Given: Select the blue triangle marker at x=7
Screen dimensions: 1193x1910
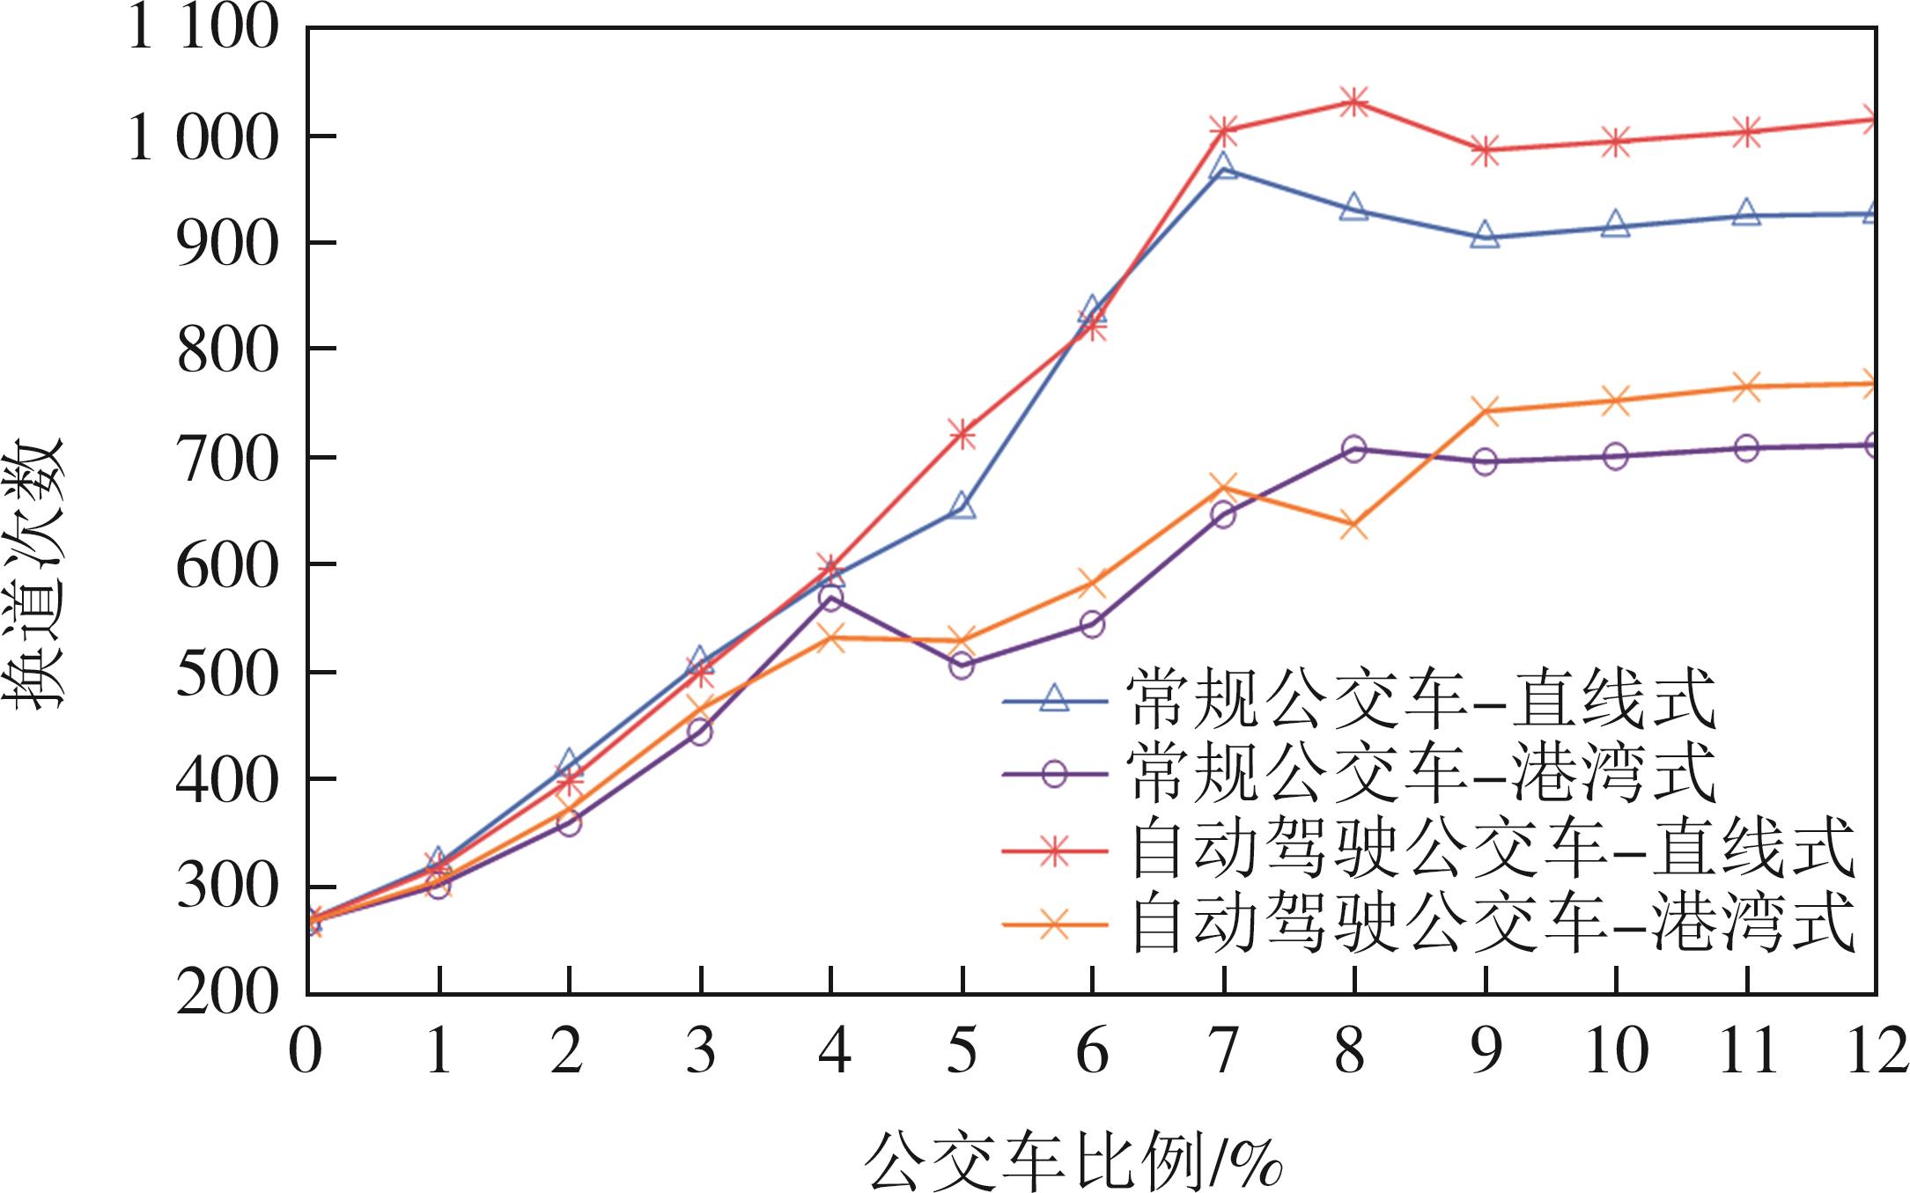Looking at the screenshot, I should (x=1223, y=166).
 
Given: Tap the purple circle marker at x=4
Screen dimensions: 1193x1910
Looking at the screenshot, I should (x=830, y=598).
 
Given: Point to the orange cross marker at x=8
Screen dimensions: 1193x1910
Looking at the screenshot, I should (x=1354, y=527).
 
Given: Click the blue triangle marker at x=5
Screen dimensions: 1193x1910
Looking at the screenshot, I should (x=962, y=507).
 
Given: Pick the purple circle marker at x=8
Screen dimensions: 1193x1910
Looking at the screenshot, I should (x=1354, y=449).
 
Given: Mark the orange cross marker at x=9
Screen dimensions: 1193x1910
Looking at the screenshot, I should (x=1486, y=410).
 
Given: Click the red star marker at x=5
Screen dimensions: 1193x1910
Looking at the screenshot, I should (x=962, y=433).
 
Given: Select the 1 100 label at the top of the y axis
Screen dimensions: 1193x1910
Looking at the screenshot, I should (x=203, y=28).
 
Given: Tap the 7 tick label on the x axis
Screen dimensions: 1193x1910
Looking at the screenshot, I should (x=1223, y=1051).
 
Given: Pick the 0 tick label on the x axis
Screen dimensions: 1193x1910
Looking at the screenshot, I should (x=306, y=1051).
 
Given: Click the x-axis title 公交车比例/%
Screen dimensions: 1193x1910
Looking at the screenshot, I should (x=1074, y=1157).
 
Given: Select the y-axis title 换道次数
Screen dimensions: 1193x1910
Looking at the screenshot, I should (x=37, y=572).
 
